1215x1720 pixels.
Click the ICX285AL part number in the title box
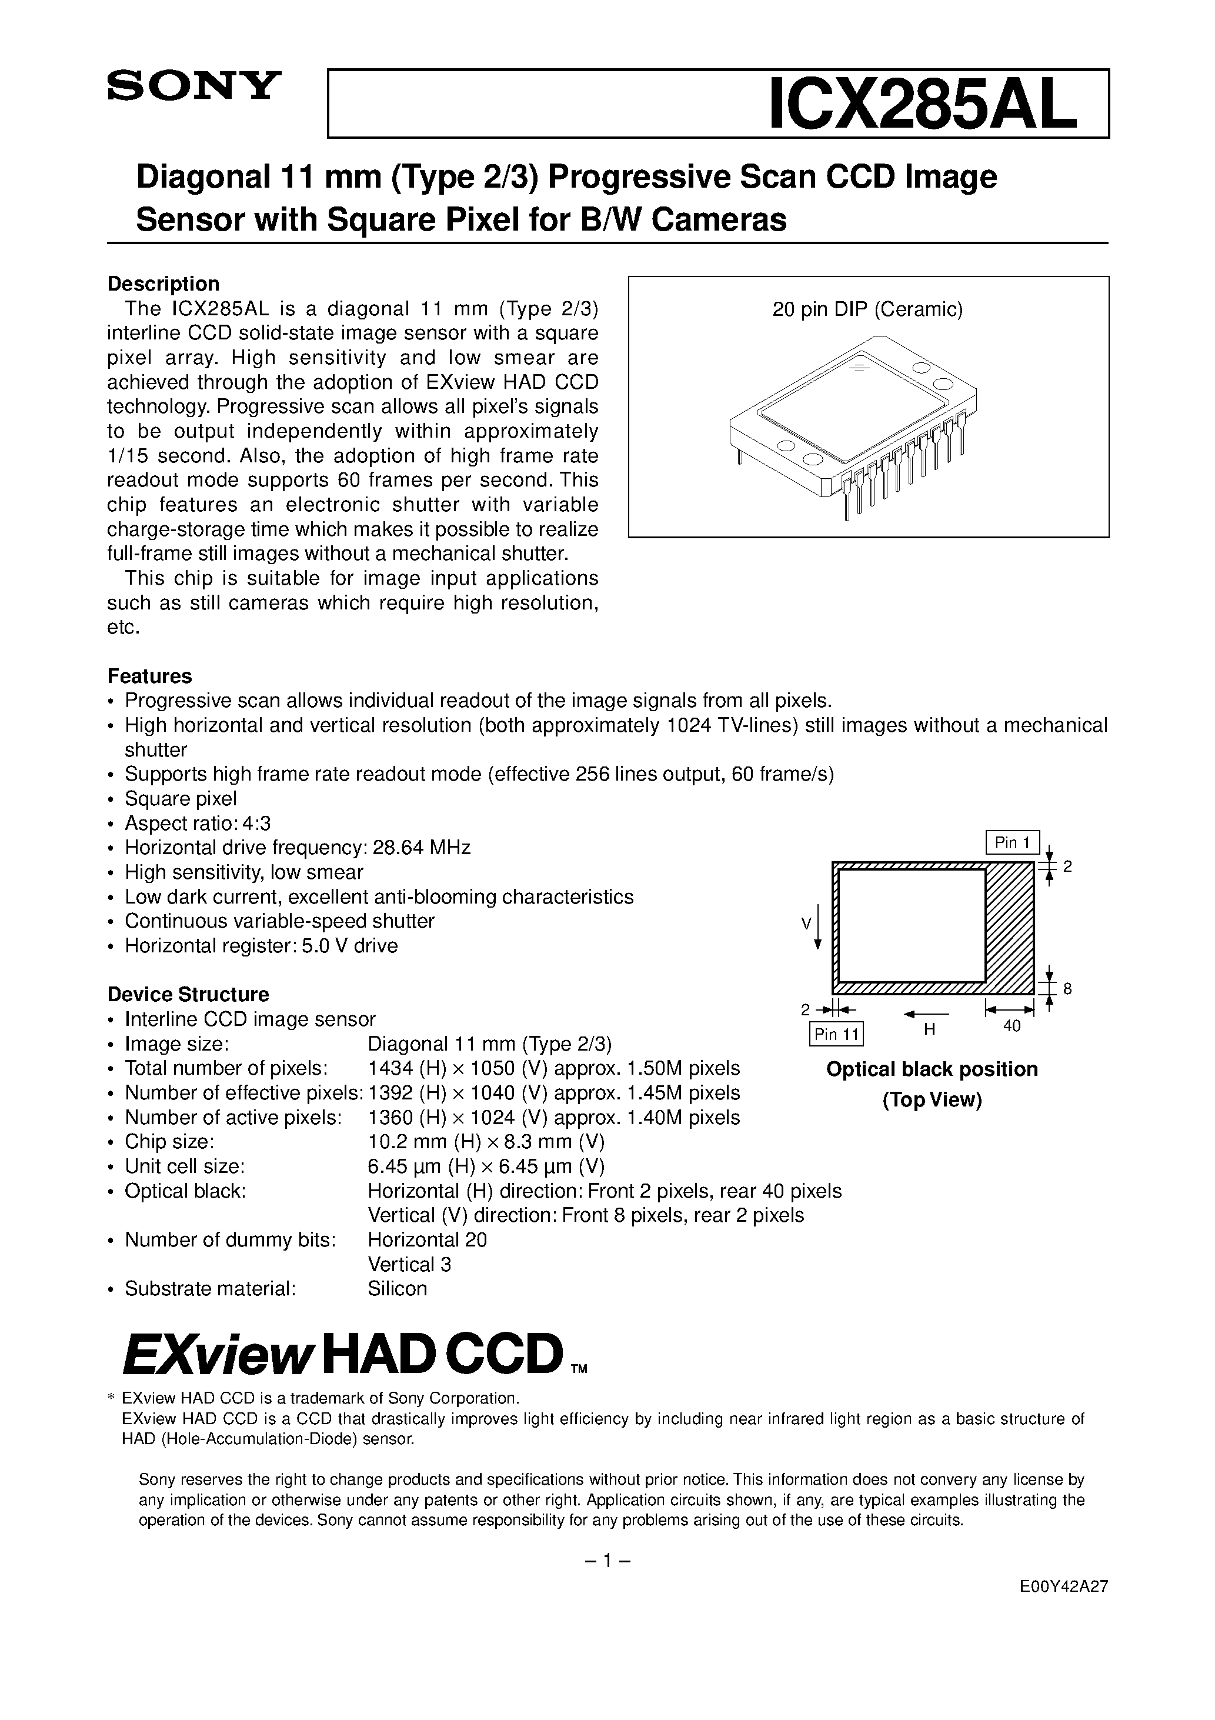[923, 105]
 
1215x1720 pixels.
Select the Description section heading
[163, 284]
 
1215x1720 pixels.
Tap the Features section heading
[150, 676]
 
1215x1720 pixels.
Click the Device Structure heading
[188, 994]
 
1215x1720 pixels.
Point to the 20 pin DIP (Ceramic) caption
[867, 309]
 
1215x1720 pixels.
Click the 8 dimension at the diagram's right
[1067, 989]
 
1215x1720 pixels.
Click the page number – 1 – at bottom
[607, 1561]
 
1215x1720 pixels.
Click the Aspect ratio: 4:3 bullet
[197, 824]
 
